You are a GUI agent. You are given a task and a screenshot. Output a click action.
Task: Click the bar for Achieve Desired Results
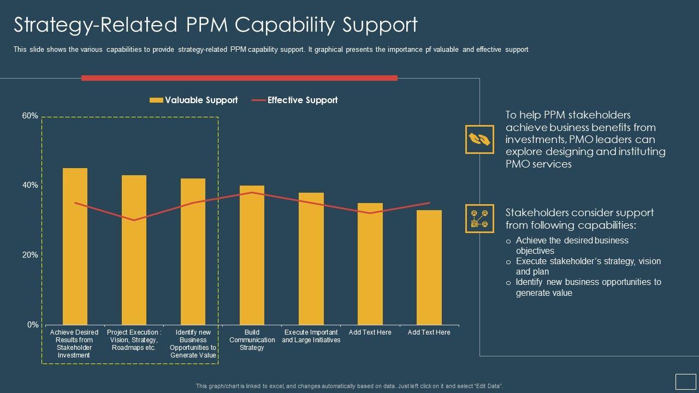point(75,246)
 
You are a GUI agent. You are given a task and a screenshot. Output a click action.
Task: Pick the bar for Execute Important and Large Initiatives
point(311,259)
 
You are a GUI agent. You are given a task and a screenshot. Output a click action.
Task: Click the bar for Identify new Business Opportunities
point(193,252)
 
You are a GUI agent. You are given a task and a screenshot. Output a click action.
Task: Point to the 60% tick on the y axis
point(30,116)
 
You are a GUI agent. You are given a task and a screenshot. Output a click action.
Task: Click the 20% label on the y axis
point(30,255)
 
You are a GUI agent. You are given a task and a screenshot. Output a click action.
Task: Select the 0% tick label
point(33,325)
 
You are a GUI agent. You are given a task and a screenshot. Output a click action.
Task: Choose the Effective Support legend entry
point(295,100)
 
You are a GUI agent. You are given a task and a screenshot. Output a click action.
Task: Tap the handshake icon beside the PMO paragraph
point(479,139)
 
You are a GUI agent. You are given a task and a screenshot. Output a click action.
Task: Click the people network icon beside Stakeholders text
point(479,218)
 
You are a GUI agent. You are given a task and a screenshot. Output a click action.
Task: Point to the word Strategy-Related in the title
point(96,25)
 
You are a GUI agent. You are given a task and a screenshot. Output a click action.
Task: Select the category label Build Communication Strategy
point(252,340)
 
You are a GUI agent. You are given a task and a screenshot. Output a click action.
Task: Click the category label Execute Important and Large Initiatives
point(311,336)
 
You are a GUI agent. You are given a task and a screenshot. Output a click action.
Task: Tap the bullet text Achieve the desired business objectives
point(572,246)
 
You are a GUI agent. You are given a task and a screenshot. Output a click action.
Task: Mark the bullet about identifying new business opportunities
point(588,287)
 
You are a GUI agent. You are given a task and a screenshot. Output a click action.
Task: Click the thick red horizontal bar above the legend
point(239,78)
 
